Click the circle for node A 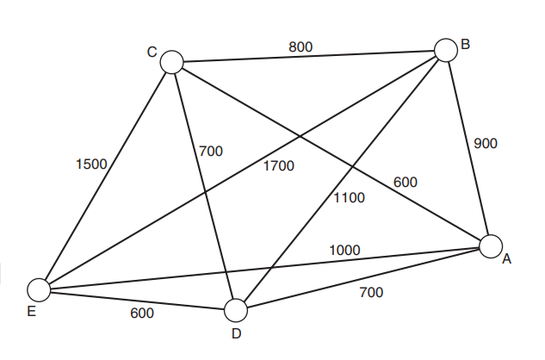click(x=491, y=246)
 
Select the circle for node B click(x=445, y=50)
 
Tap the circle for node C click(x=172, y=61)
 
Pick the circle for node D click(x=236, y=310)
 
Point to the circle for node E click(x=38, y=290)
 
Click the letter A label click(x=507, y=259)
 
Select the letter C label click(x=152, y=53)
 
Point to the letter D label click(x=236, y=333)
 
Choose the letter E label click(x=32, y=312)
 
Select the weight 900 click(x=486, y=144)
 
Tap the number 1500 click(x=90, y=164)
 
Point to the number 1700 click(x=278, y=166)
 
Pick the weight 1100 click(x=350, y=197)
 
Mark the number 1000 click(x=344, y=250)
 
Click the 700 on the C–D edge click(x=210, y=152)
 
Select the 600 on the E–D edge click(x=143, y=313)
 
